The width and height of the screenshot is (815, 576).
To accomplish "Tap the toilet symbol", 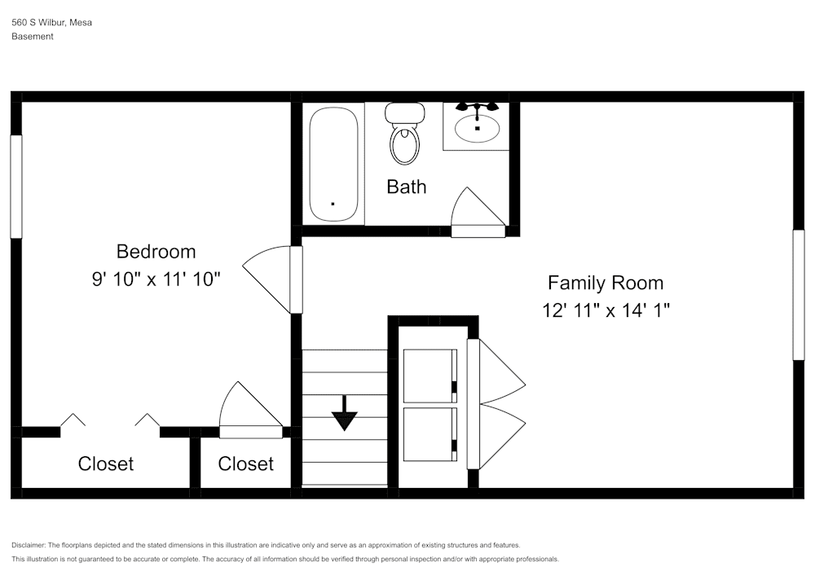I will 404,134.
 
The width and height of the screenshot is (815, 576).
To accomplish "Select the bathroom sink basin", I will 477,128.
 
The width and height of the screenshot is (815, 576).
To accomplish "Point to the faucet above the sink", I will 477,108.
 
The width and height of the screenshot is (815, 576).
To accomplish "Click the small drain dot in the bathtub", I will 333,204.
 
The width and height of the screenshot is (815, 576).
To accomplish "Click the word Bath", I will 406,187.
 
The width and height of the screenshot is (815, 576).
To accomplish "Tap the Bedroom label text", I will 156,251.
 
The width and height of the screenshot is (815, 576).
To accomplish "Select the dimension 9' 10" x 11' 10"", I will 156,279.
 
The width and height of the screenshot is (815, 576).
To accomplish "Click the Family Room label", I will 605,283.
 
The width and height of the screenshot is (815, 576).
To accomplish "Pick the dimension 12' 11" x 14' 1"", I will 605,310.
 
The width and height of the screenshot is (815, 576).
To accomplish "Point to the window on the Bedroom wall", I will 15,187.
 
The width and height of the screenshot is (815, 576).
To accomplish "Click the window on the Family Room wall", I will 799,295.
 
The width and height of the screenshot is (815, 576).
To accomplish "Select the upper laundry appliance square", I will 430,376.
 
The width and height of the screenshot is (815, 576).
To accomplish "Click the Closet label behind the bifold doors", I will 106,464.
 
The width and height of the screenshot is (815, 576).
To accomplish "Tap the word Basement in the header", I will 33,37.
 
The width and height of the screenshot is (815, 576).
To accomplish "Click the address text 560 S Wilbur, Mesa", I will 51,23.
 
